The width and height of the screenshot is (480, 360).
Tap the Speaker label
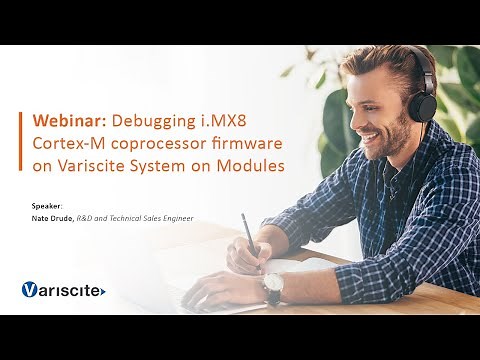(47, 206)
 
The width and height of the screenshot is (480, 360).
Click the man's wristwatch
(272, 289)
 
